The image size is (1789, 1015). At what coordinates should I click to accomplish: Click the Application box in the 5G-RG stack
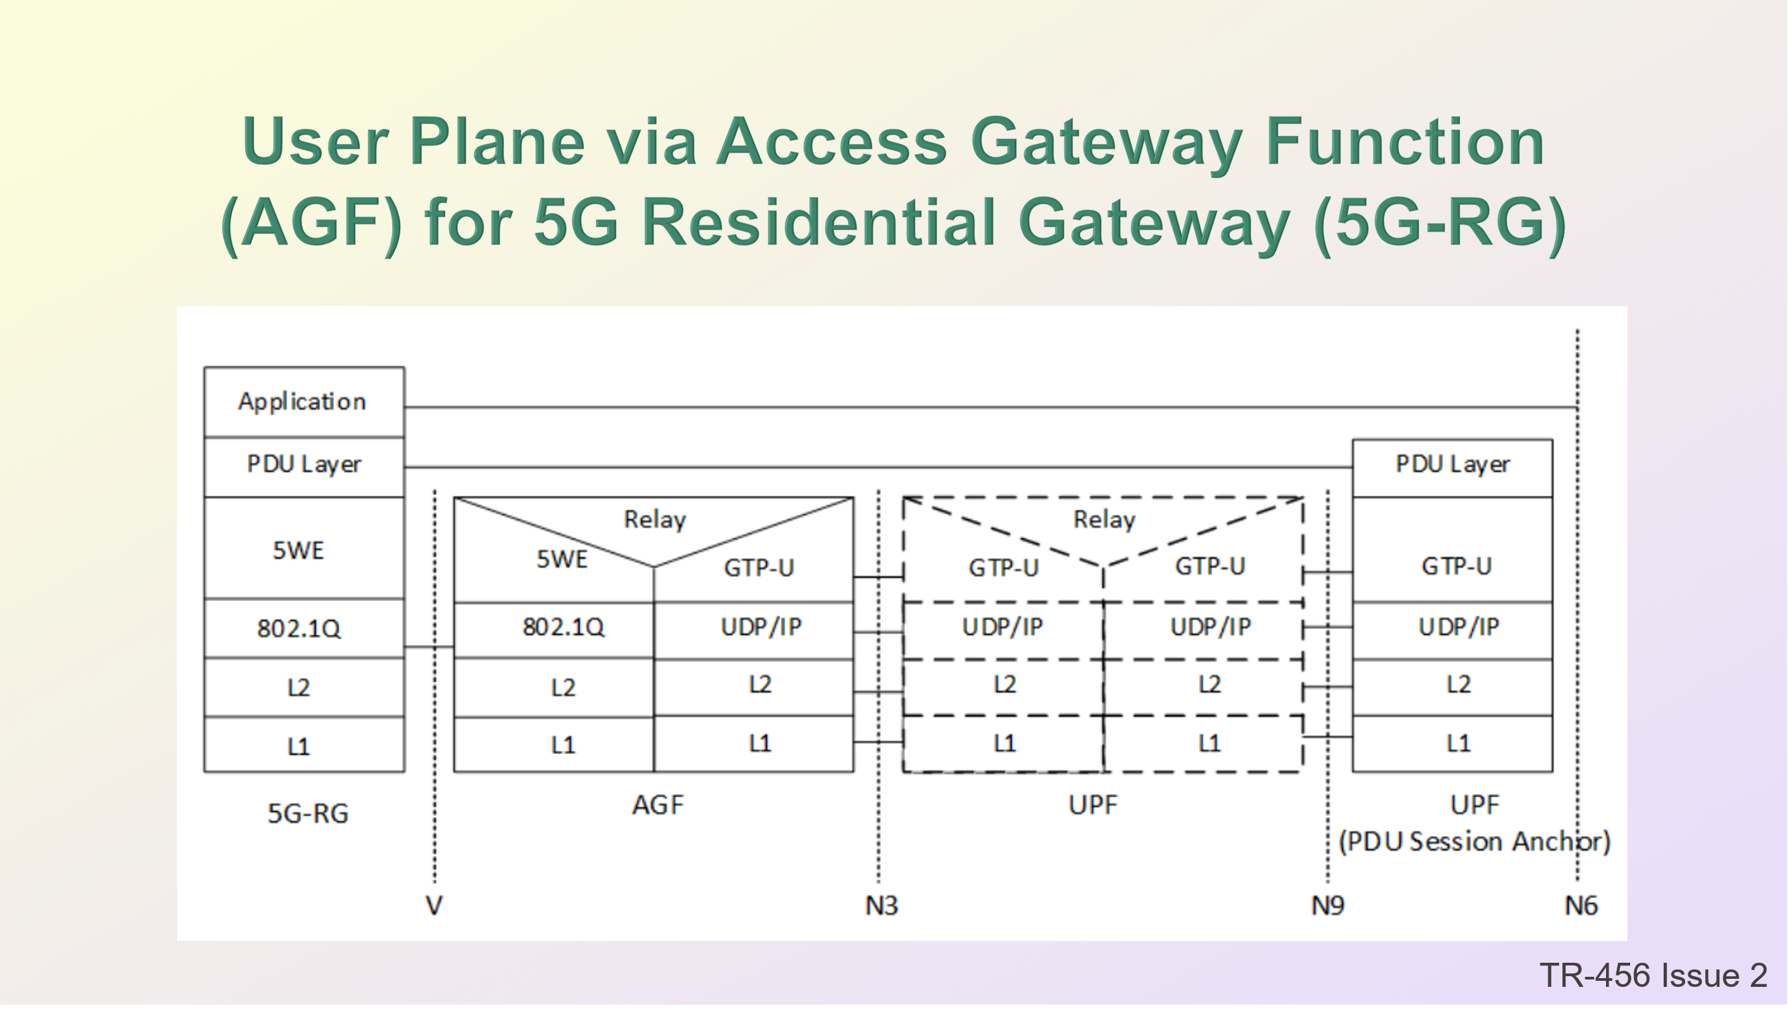click(304, 402)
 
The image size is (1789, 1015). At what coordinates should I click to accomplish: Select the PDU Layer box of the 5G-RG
click(304, 467)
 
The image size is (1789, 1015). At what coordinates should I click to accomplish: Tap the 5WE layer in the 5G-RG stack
click(304, 548)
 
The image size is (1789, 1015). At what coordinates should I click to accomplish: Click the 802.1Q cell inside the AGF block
click(554, 630)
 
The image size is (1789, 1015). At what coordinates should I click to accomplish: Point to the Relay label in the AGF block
click(655, 519)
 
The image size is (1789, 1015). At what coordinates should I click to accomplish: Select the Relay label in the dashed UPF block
click(1104, 519)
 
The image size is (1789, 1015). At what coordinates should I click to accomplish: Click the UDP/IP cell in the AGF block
click(754, 630)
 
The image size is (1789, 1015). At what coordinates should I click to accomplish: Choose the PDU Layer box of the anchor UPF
click(1453, 468)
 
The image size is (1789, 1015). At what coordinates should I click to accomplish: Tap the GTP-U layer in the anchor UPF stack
click(1453, 550)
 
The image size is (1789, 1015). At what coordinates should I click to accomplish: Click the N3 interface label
click(881, 906)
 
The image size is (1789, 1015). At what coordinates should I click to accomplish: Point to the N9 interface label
click(1328, 906)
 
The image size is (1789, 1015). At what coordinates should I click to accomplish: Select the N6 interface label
click(1581, 906)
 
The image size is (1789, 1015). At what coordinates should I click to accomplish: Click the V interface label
click(434, 906)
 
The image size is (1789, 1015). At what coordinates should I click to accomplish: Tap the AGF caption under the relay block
click(658, 805)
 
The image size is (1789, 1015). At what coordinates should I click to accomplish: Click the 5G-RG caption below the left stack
click(308, 813)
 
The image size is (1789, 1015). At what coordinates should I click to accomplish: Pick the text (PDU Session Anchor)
click(1475, 842)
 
